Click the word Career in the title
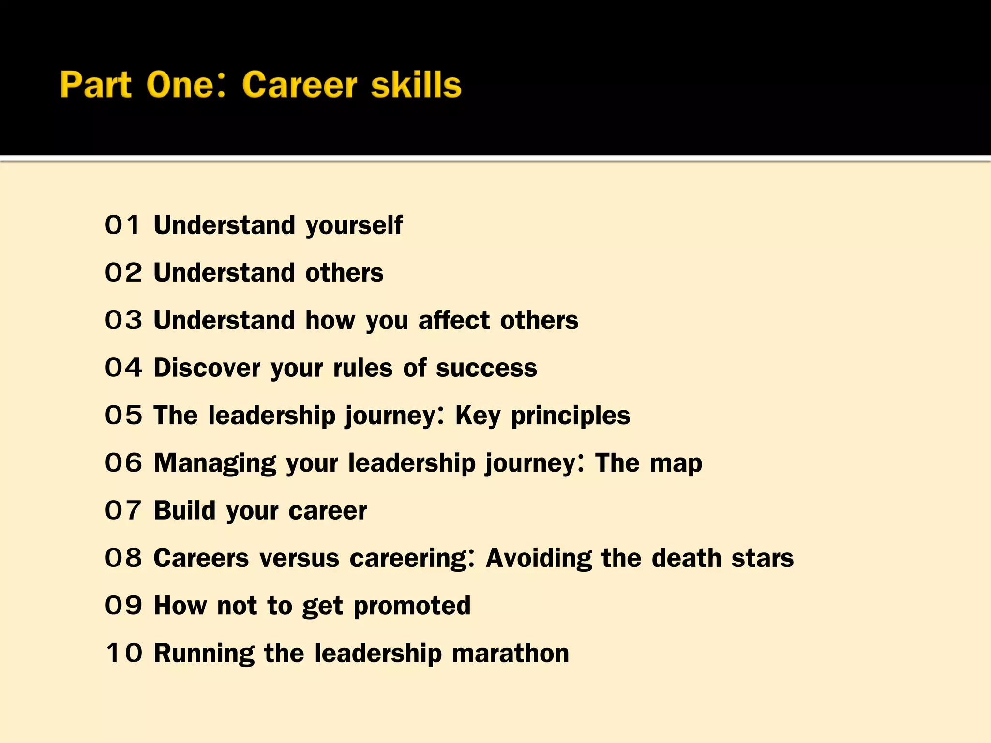click(x=299, y=85)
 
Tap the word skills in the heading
click(x=416, y=85)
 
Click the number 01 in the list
click(x=123, y=225)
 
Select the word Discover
click(x=207, y=368)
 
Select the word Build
click(x=184, y=510)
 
